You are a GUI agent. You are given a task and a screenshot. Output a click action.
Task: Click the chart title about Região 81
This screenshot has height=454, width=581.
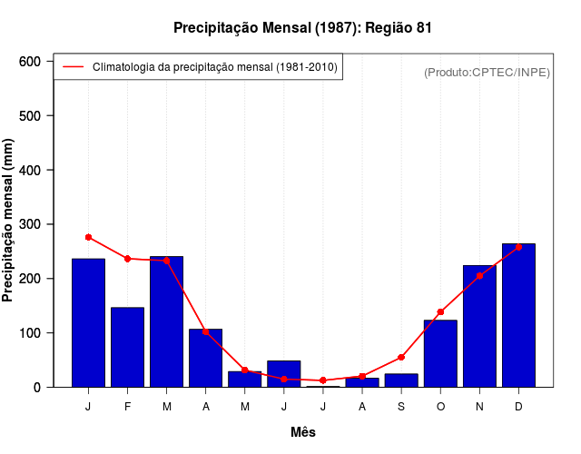302,28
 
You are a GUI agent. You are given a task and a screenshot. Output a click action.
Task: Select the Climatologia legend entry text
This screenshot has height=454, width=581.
215,67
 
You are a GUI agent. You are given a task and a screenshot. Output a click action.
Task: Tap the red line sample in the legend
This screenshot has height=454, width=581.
73,67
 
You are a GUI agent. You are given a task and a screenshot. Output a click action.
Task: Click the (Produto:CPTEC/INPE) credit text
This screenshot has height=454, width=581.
487,72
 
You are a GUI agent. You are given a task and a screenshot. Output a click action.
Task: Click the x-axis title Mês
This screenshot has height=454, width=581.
303,432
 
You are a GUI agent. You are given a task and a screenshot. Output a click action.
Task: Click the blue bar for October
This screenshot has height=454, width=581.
440,353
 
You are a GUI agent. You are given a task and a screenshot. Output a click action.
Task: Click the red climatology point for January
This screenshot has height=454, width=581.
88,237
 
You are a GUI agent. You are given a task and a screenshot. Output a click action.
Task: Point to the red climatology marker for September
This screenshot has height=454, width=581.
401,357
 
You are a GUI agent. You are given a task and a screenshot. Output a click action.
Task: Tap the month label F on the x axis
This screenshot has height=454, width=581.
127,407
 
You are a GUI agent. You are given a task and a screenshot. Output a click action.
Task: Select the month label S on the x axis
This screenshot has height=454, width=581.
401,407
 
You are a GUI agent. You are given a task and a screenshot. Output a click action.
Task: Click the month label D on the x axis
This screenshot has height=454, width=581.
518,407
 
